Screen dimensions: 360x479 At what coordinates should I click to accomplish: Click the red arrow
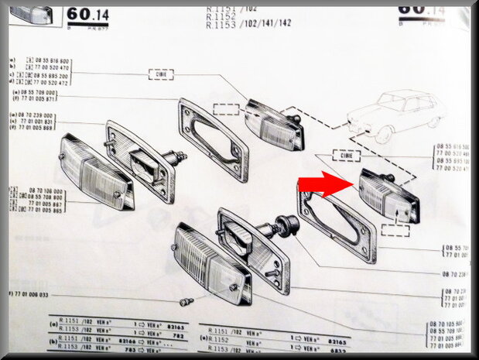(x=324, y=186)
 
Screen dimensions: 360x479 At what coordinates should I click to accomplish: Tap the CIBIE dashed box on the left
(x=160, y=74)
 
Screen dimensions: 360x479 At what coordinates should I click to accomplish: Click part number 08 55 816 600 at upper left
(x=53, y=60)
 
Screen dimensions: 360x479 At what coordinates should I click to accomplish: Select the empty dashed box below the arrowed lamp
(x=395, y=229)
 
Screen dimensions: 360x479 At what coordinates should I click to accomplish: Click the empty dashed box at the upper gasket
(x=226, y=109)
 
